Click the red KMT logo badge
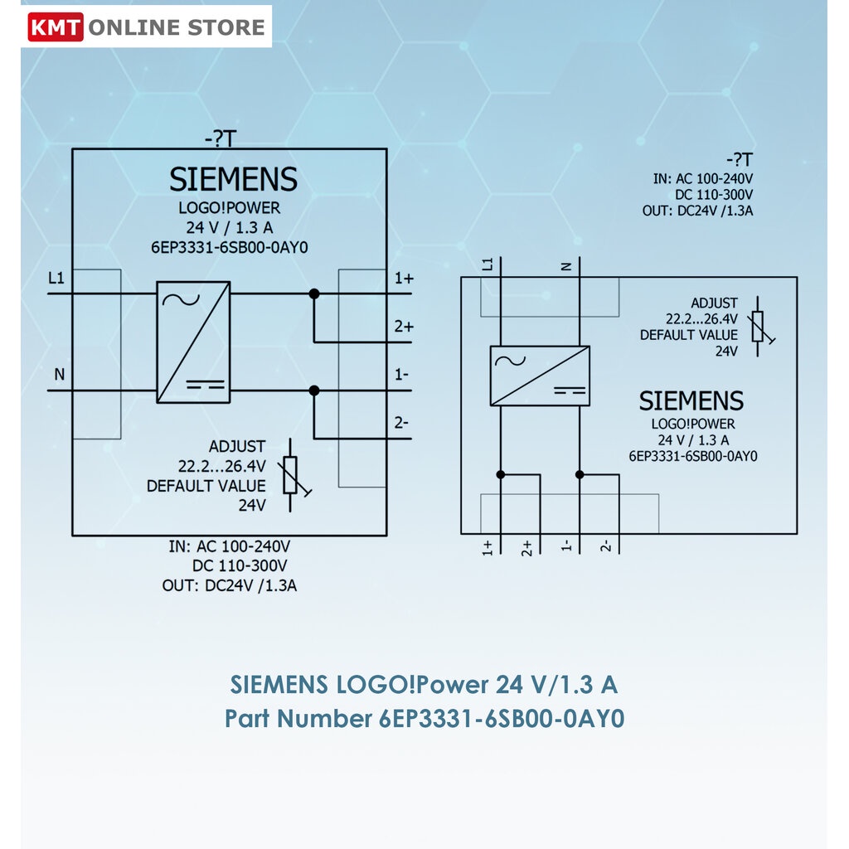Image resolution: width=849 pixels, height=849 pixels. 56,27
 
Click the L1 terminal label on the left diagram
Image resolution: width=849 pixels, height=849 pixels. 56,279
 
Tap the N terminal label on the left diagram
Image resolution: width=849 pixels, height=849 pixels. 59,374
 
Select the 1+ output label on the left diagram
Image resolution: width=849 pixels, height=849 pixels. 404,279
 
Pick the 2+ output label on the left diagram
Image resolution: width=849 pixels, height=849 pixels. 404,327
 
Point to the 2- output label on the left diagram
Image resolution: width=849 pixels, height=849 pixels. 401,422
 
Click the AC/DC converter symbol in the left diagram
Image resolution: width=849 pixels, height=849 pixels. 193,342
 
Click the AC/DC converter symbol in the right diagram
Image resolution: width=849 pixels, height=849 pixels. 540,376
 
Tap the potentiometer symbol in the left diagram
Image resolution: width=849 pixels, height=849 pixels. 291,475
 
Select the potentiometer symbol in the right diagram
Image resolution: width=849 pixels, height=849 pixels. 759,327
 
